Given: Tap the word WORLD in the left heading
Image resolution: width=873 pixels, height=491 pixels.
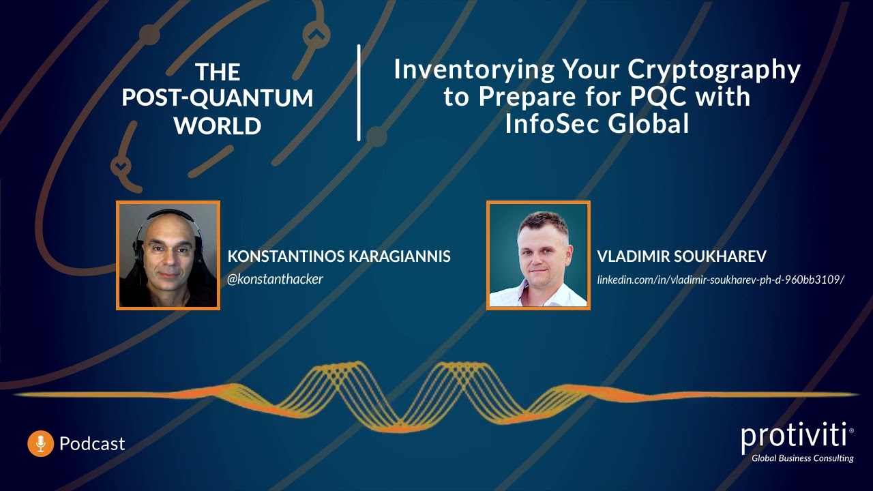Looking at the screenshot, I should (218, 125).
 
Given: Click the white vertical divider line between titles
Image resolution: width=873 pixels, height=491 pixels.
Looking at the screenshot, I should (359, 93).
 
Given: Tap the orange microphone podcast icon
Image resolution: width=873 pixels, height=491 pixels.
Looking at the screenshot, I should (40, 443).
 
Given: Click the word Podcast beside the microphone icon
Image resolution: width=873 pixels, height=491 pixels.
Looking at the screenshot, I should (92, 443).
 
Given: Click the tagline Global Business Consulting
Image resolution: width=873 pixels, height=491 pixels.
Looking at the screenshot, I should (802, 458).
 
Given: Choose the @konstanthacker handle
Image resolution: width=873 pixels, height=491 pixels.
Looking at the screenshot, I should (275, 279).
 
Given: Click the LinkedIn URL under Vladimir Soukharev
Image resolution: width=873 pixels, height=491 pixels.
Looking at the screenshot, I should (721, 279).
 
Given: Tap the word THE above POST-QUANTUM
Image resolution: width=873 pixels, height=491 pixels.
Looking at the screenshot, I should (218, 72).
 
